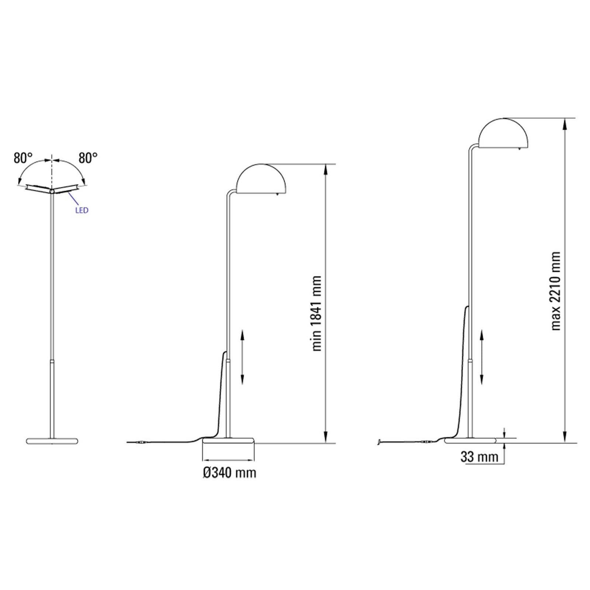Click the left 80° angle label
pyautogui.click(x=23, y=158)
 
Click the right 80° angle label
pyautogui.click(x=88, y=158)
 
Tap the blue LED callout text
pyautogui.click(x=81, y=211)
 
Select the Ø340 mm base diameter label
pyautogui.click(x=229, y=473)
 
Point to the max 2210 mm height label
pyautogui.click(x=556, y=291)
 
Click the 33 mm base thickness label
pyautogui.click(x=479, y=457)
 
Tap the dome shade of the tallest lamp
pyautogui.click(x=503, y=135)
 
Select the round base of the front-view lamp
pyautogui.click(x=52, y=440)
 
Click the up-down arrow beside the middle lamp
pyautogui.click(x=242, y=357)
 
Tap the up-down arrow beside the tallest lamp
pyautogui.click(x=482, y=357)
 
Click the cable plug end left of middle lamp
pyautogui.click(x=142, y=442)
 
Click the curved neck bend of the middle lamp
pyautogui.click(x=229, y=192)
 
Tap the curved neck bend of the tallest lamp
pyautogui.click(x=472, y=147)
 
